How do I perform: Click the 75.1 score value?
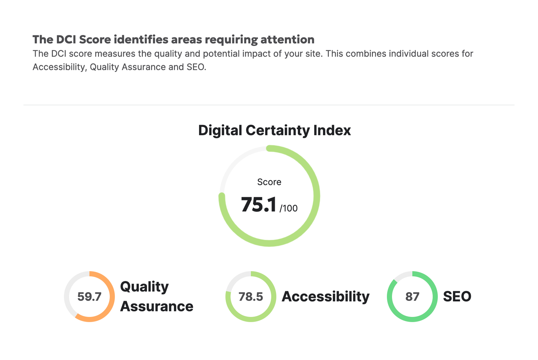tap(258, 205)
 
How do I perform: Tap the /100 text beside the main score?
tap(289, 208)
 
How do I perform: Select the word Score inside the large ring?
tap(269, 182)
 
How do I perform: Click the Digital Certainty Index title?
tap(274, 130)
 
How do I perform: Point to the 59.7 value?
tap(89, 297)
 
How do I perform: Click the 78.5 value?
tap(251, 297)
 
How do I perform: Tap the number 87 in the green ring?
tap(412, 297)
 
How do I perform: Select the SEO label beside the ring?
tap(457, 296)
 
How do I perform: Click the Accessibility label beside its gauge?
tap(326, 296)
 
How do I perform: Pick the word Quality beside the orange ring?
tap(144, 287)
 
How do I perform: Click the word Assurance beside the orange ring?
tap(157, 306)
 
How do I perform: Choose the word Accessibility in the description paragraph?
tap(59, 67)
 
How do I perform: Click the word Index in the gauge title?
tap(332, 130)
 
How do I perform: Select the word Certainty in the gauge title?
tap(278, 130)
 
